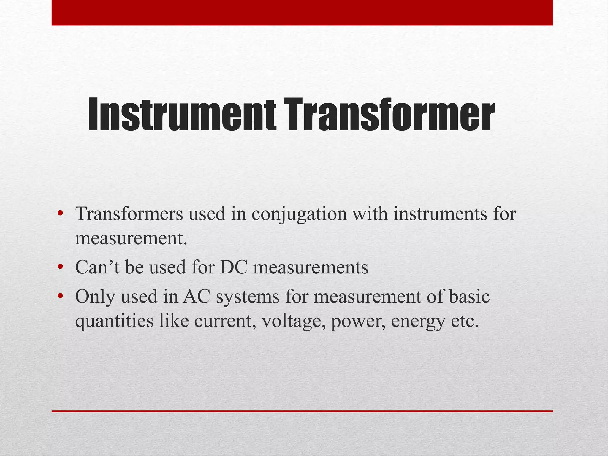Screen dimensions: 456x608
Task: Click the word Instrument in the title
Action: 182,115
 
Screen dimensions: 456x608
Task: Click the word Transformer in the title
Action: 389,115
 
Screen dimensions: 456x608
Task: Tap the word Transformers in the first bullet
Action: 129,214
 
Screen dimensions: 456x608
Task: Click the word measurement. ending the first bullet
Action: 131,238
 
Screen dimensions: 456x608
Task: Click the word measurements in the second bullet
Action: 311,267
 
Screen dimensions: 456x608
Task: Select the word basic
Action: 469,296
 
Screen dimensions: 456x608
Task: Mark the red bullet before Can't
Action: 60,267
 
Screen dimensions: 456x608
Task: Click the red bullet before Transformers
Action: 60,213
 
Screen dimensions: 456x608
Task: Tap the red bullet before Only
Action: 60,296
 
